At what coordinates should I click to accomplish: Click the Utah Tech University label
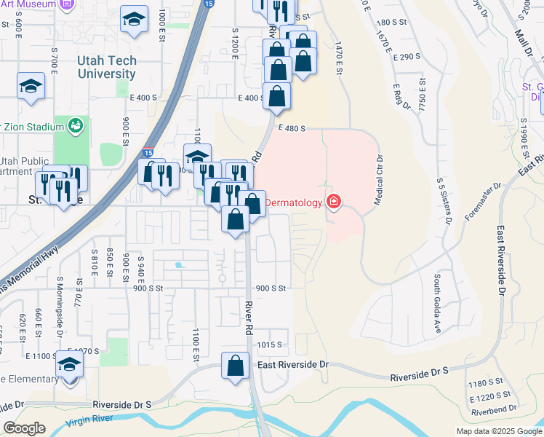[107, 68]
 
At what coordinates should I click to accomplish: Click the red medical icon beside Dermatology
[334, 202]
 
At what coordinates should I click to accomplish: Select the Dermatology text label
[292, 202]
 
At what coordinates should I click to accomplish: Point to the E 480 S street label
[289, 128]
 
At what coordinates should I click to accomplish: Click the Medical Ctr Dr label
[379, 181]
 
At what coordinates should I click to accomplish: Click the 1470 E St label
[338, 58]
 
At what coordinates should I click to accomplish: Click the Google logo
[25, 428]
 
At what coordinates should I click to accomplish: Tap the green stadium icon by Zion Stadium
[75, 127]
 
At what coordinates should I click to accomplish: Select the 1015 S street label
[268, 345]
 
